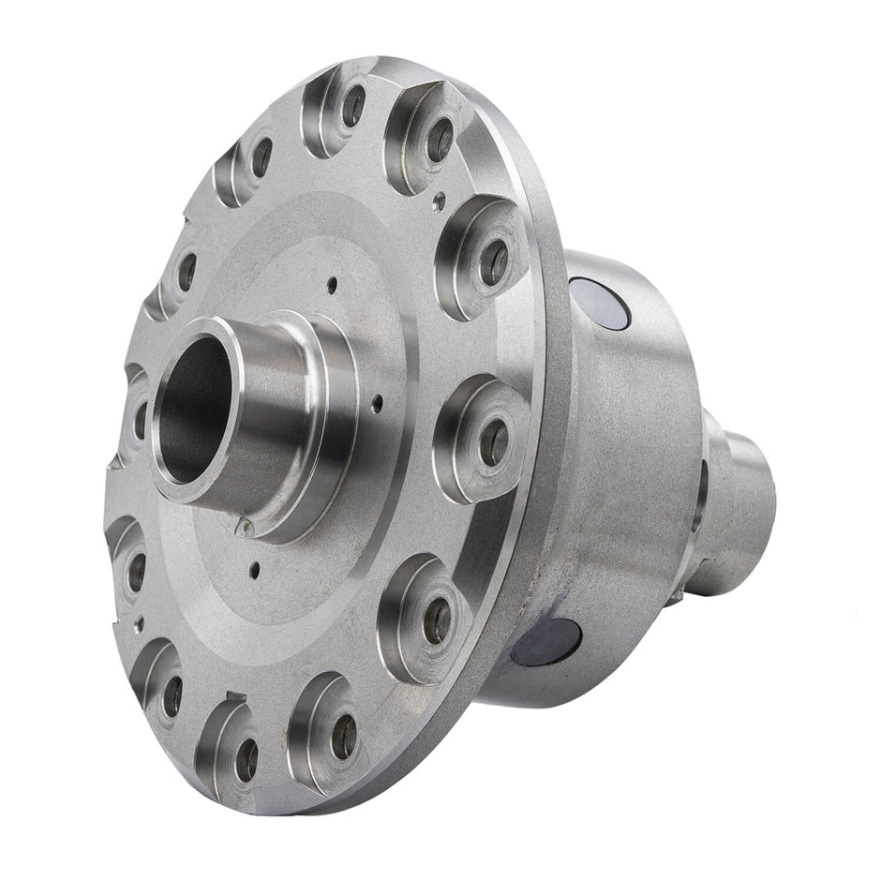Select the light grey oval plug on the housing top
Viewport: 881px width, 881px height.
point(603,306)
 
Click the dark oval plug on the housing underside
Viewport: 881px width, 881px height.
point(546,640)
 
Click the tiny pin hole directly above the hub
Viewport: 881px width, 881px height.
point(331,280)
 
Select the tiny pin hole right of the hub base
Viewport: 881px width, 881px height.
point(377,404)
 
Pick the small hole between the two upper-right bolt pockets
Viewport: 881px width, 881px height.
point(440,198)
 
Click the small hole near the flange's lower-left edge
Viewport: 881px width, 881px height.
point(139,620)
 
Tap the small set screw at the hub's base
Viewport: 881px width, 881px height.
point(246,527)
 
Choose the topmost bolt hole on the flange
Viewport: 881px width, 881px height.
point(352,105)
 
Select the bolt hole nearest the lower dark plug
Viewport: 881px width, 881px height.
point(437,620)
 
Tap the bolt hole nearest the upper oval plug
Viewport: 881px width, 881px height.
point(493,263)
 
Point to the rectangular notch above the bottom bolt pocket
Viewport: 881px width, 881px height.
point(234,695)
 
